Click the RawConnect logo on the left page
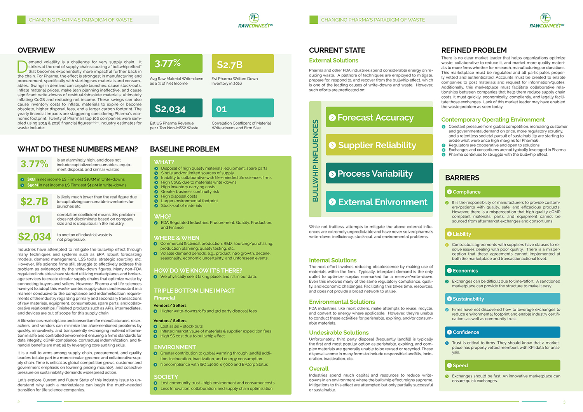[255, 21]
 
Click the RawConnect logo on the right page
[546, 21]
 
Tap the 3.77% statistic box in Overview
[176, 64]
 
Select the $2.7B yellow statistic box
[243, 64]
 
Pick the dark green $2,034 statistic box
[176, 108]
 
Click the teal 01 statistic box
[243, 108]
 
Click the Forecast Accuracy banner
[379, 117]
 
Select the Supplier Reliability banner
[379, 145]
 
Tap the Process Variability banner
[379, 173]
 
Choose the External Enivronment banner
[379, 202]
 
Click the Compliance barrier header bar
[503, 192]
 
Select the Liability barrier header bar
[503, 234]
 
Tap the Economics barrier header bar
[503, 271]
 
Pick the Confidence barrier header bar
[503, 332]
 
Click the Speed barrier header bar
[503, 365]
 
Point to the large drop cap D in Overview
[22, 67]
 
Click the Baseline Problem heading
[185, 149]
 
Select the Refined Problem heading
[474, 50]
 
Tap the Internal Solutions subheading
[333, 260]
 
